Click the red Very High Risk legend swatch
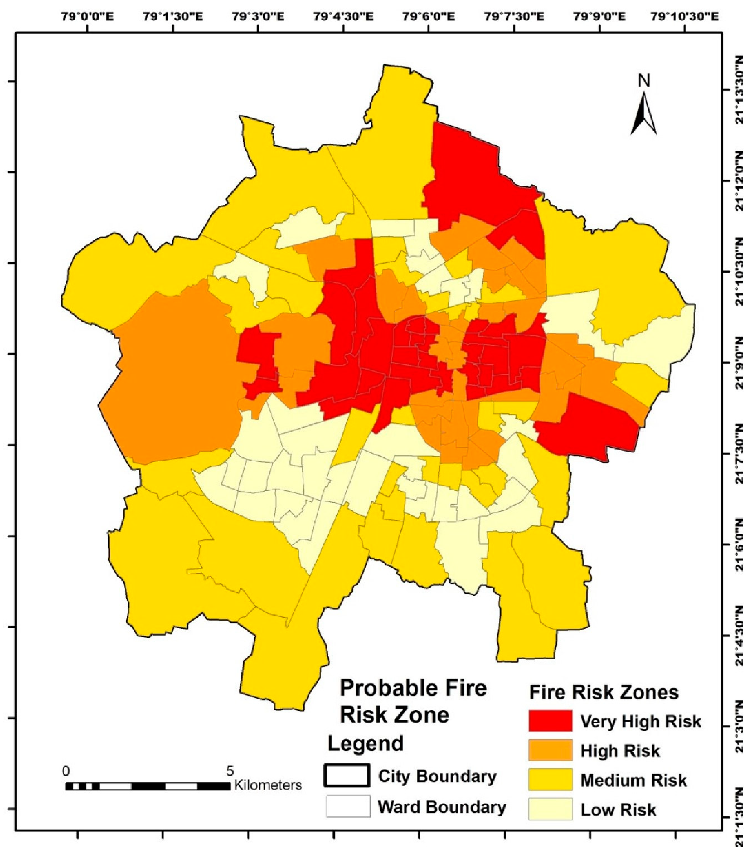(550, 721)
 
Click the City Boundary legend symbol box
(347, 776)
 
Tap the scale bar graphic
(148, 786)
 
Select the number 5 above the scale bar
(230, 771)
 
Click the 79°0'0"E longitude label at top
(88, 17)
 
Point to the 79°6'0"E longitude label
(429, 17)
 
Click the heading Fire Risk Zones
(604, 692)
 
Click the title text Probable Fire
(413, 688)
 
